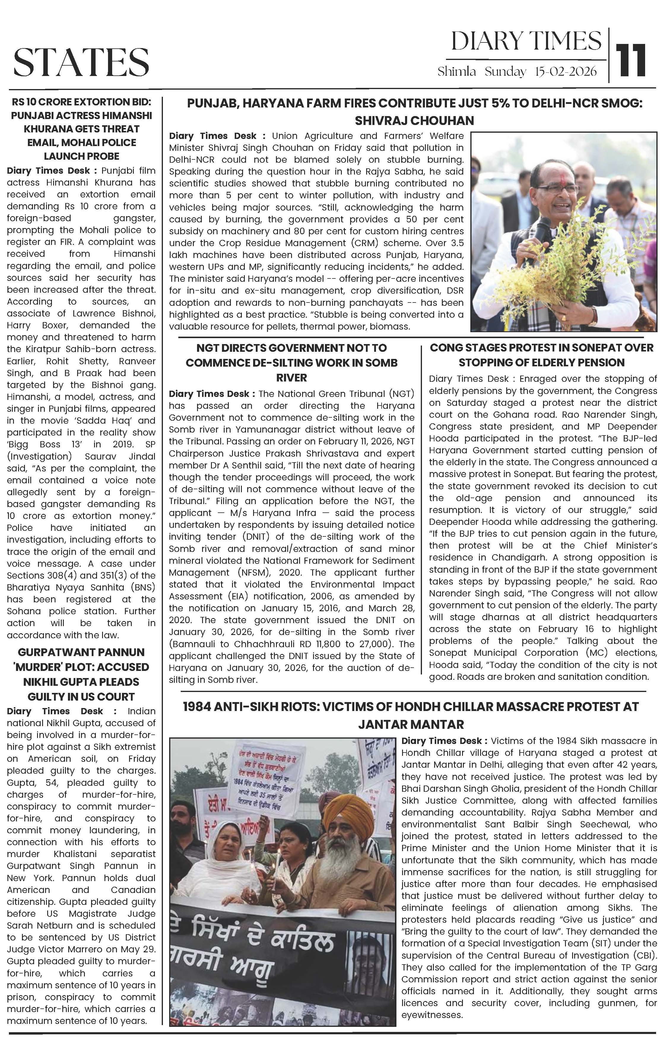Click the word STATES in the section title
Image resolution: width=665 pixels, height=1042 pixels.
[x=81, y=62]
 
